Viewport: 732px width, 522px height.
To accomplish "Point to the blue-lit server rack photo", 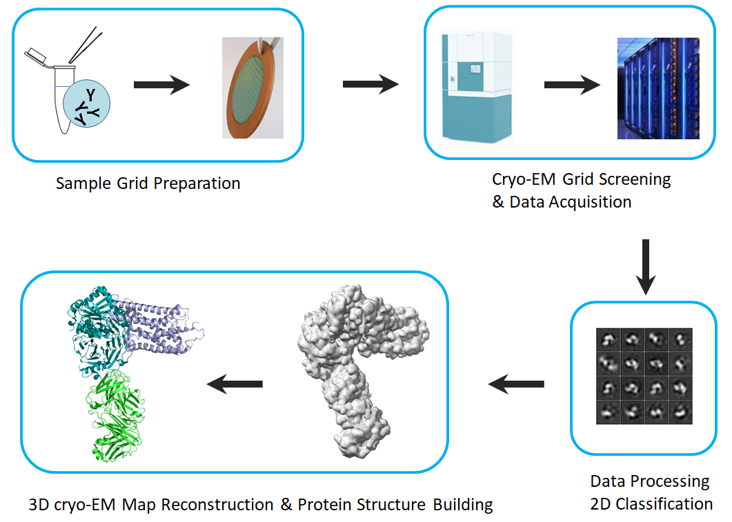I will click(658, 88).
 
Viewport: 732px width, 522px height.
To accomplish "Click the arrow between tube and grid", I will click(161, 85).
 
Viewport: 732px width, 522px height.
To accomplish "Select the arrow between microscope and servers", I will click(572, 86).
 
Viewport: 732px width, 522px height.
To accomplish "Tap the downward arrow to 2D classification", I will click(646, 265).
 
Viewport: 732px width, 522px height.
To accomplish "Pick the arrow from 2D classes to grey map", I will click(516, 384).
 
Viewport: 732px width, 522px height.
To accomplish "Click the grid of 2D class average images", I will click(644, 376).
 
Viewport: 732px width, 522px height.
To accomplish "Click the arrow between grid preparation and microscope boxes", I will click(370, 84).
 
